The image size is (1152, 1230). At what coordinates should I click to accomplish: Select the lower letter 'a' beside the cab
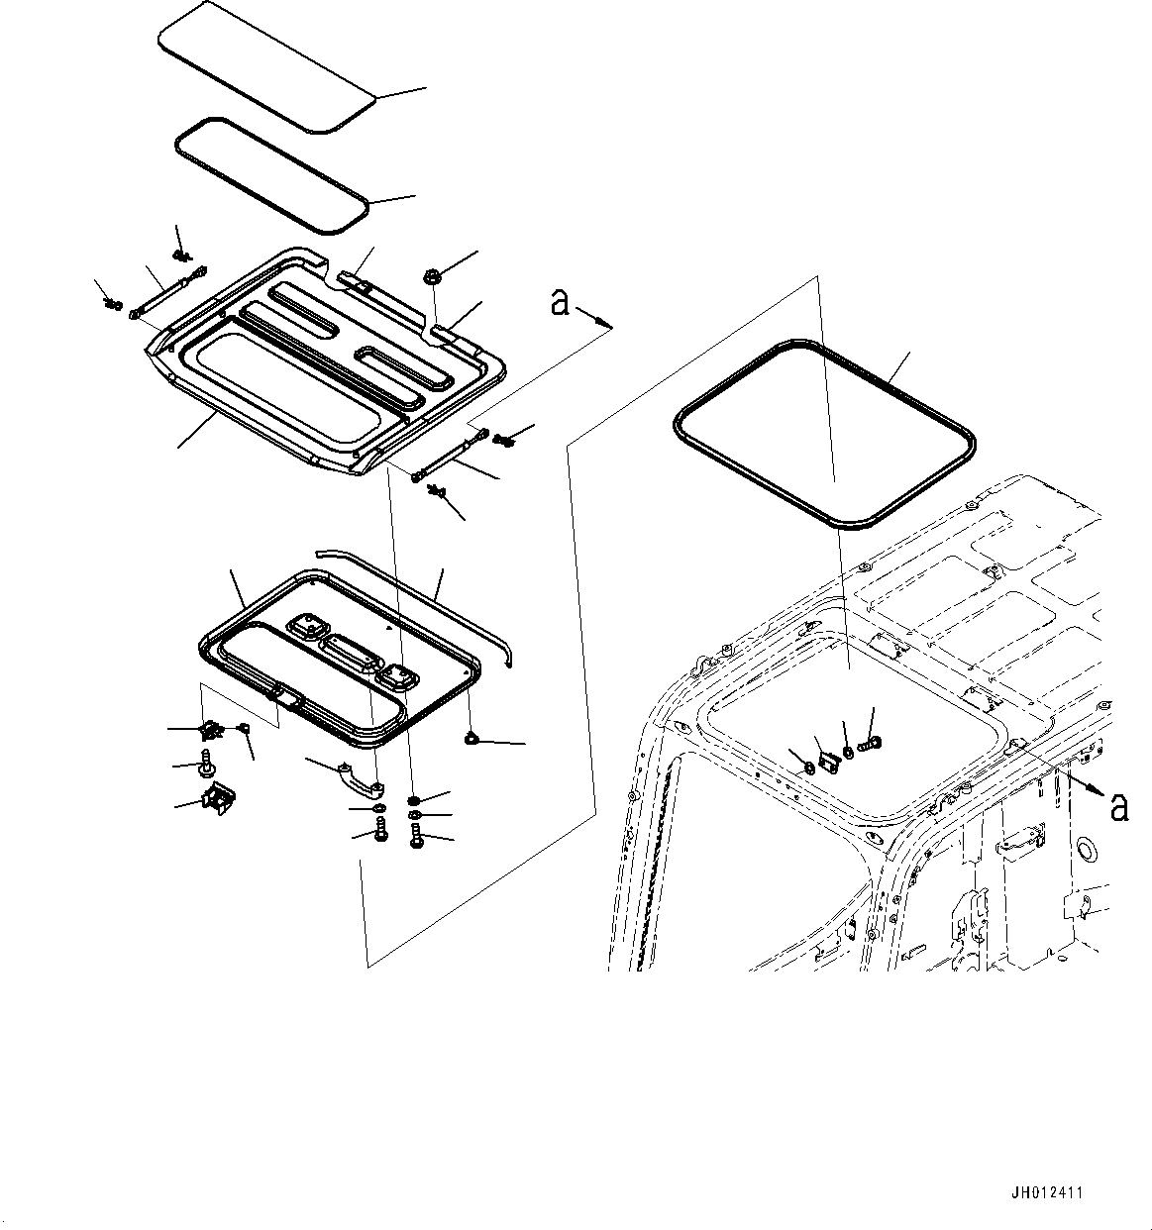coord(1119,807)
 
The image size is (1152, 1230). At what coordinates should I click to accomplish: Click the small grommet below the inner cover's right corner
coord(472,737)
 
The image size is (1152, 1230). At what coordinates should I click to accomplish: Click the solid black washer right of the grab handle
coord(413,799)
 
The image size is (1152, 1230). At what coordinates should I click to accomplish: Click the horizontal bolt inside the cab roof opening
coord(871,742)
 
